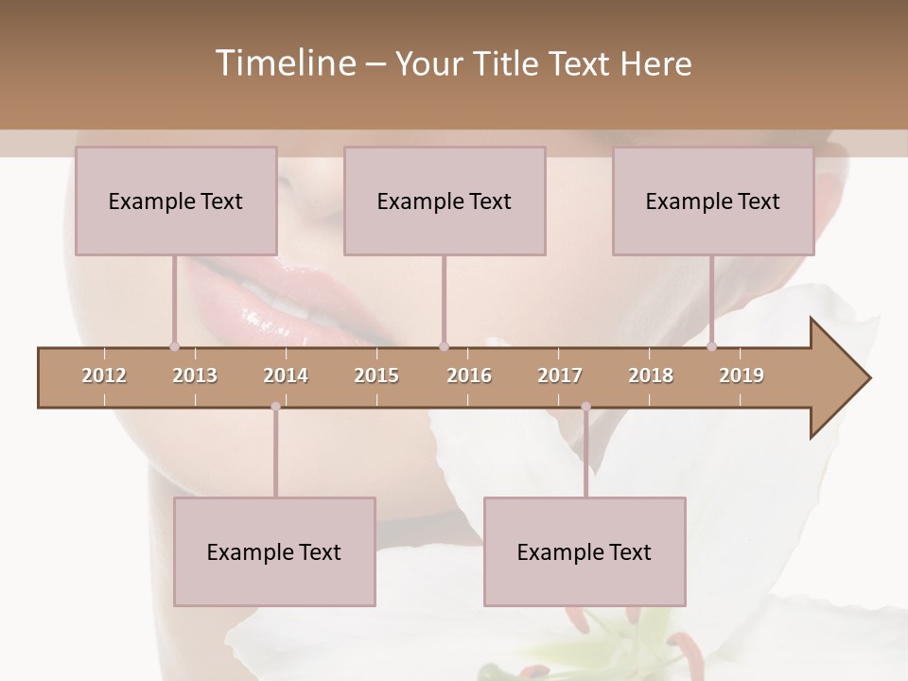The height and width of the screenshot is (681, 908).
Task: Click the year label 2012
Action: click(x=104, y=375)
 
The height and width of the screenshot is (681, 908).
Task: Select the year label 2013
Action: click(x=195, y=375)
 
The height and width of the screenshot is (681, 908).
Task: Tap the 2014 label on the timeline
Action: click(x=286, y=375)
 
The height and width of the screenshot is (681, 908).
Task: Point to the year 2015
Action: click(x=376, y=375)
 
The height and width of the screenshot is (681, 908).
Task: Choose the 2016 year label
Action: click(x=469, y=375)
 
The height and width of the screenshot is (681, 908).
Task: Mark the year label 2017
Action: click(x=560, y=375)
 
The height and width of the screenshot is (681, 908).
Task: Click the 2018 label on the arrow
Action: click(x=651, y=375)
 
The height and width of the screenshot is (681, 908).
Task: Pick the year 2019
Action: click(x=742, y=375)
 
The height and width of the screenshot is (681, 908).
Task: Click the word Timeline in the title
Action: click(x=284, y=63)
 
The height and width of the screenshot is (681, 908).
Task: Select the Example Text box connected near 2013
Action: click(x=176, y=201)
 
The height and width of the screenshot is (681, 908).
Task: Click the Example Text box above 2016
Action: click(x=445, y=201)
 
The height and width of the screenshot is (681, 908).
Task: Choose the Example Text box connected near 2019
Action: click(x=713, y=201)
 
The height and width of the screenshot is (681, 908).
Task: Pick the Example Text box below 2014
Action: click(x=274, y=551)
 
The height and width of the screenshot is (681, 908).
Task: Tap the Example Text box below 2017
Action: click(x=585, y=551)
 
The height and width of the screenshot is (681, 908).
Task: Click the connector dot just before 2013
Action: click(x=174, y=346)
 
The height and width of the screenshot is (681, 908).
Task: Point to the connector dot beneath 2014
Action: click(x=275, y=407)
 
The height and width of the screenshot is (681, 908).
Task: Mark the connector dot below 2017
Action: click(x=585, y=407)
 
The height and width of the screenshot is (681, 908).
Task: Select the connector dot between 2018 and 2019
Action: click(x=711, y=346)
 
